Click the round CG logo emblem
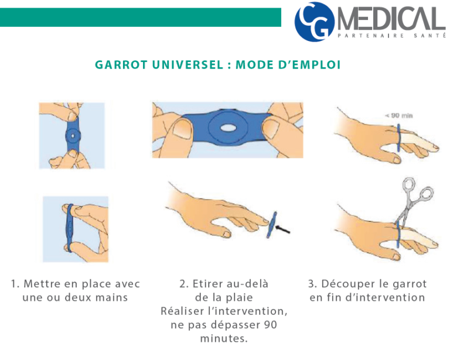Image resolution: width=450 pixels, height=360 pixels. pos(315,22)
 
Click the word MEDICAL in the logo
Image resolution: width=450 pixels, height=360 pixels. pos(390,20)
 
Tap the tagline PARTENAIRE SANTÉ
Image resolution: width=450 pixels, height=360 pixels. pos(390,37)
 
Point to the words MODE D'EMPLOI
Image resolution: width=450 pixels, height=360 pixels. pos(288,64)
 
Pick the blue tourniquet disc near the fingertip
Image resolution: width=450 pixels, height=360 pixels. pos(270,225)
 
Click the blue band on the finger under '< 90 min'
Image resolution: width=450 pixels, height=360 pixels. pos(398,140)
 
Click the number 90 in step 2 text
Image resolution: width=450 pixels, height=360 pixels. pos(269,325)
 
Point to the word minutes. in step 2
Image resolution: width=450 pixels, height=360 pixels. pos(224,338)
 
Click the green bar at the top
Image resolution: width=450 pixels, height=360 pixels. pos(141,17)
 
